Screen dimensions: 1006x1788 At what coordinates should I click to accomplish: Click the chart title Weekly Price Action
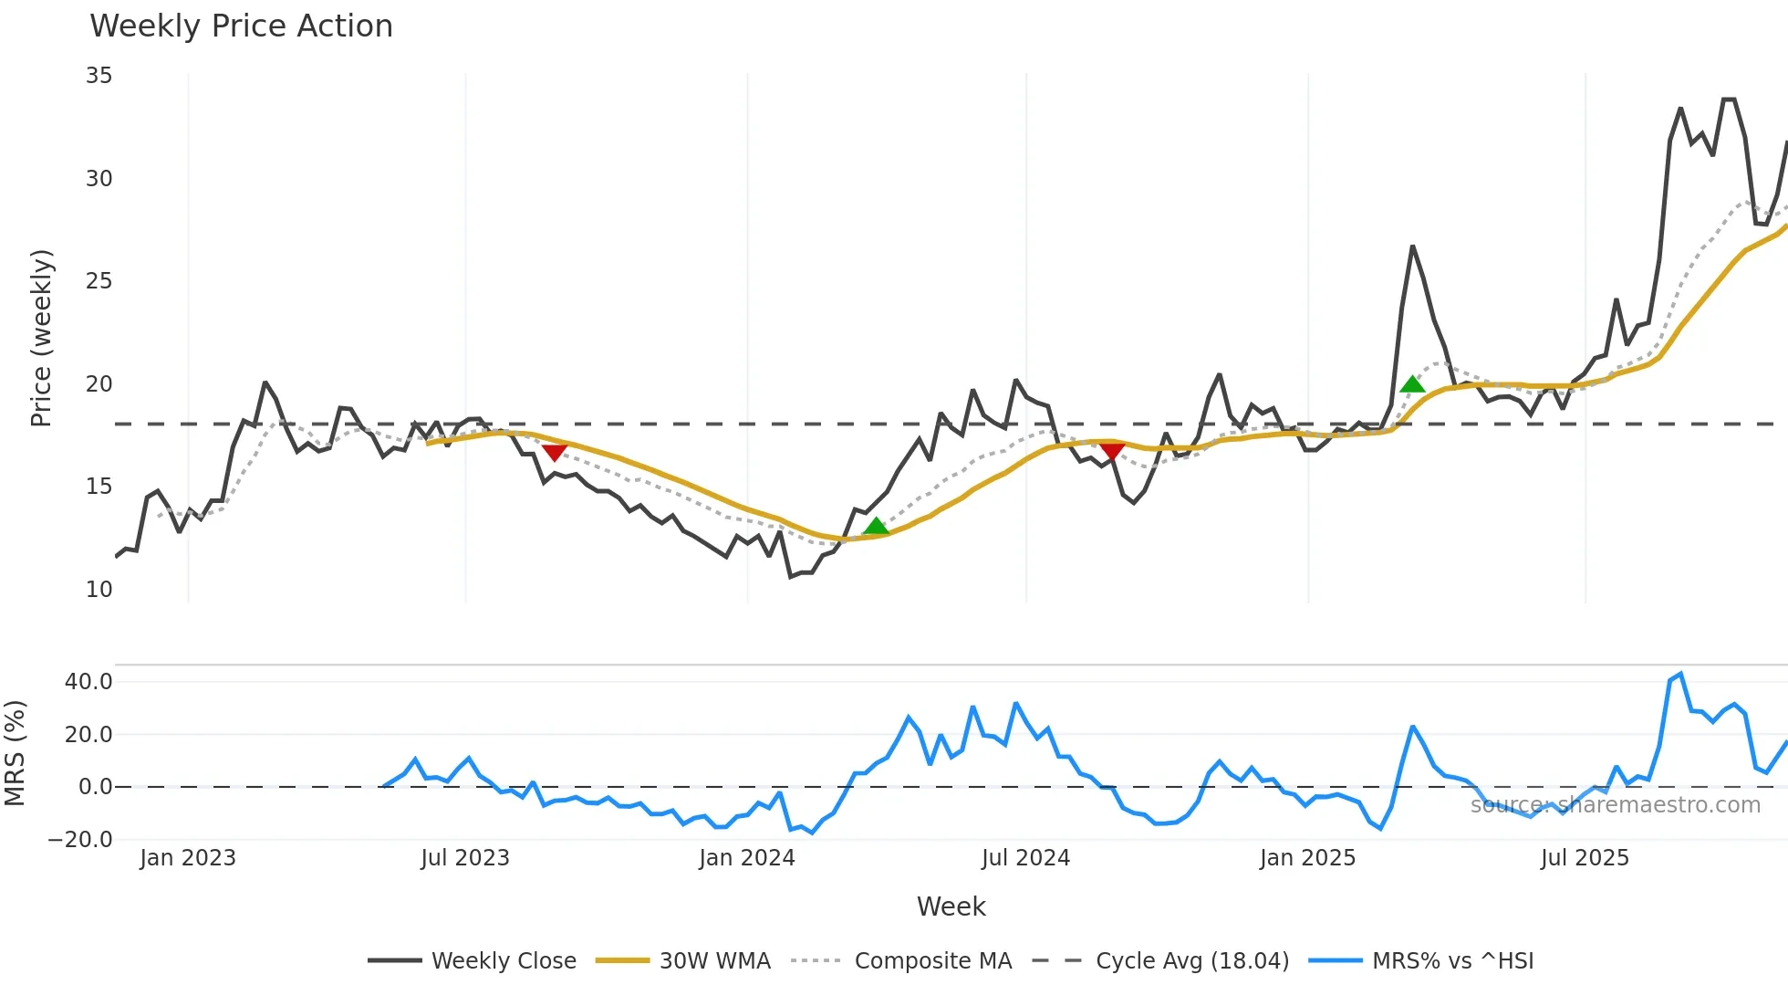241,26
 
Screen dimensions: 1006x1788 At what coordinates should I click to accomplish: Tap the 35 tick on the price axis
99,76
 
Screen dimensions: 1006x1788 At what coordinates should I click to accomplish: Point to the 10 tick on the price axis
99,590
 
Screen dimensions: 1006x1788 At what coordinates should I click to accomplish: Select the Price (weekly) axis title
41,338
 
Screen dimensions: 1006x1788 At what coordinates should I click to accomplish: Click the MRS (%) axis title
15,753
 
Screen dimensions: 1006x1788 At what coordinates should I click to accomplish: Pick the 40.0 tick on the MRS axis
88,682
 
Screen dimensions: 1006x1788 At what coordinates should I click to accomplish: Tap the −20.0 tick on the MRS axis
80,840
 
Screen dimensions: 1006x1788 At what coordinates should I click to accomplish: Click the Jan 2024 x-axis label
746,858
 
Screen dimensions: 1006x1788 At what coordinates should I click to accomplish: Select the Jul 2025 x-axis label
1585,858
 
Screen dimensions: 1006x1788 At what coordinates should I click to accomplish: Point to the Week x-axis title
951,906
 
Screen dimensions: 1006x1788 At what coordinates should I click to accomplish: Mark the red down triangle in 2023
555,452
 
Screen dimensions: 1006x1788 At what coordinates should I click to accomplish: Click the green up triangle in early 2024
876,526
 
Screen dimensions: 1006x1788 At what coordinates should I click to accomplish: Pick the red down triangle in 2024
1112,451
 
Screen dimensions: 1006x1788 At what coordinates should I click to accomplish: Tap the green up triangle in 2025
1412,384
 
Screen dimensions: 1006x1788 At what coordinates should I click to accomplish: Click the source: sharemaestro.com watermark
1615,805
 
